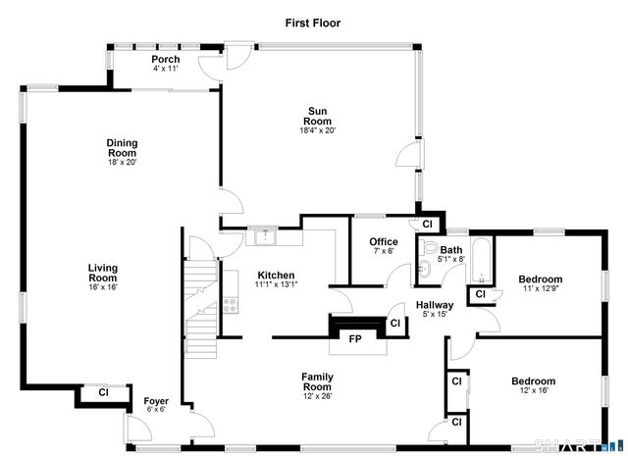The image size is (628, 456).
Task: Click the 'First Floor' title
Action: point(313,22)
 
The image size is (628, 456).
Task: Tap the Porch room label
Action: point(165,60)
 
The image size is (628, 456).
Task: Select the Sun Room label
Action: point(318,116)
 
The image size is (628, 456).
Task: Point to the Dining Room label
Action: point(122,148)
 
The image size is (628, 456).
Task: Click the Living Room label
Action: point(102,273)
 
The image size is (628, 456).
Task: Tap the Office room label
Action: point(383,242)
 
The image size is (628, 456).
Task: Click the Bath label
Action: point(450,251)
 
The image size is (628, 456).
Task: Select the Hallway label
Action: point(434,305)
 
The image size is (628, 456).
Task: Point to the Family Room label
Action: point(317,381)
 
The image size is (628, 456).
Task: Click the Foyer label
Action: point(156,400)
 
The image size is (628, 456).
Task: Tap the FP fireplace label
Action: point(355,338)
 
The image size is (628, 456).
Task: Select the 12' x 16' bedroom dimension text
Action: point(533,390)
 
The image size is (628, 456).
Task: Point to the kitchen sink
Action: point(263,236)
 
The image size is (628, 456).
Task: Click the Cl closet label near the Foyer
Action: point(103,393)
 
